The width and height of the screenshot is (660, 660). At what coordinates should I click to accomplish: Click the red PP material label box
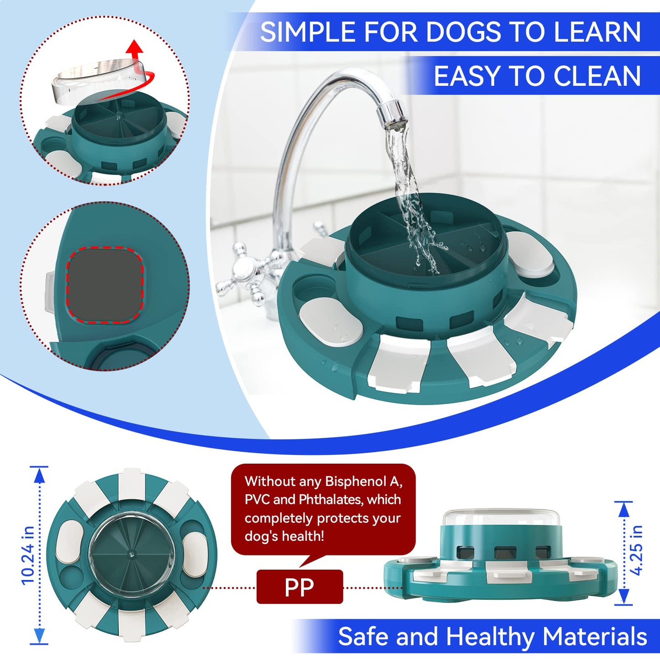pos(299,587)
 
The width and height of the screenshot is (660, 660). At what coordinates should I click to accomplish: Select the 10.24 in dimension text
pos(28,555)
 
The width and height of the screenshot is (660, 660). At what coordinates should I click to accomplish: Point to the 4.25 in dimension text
pos(636,550)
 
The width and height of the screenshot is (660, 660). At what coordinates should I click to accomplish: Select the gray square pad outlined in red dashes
pos(105,285)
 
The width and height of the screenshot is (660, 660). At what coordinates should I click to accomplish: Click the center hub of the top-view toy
pos(131,554)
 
